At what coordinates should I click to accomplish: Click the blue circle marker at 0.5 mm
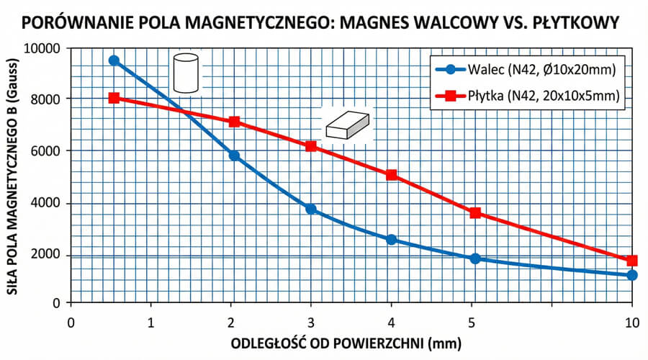click(x=114, y=60)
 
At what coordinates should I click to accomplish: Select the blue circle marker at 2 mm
click(x=234, y=156)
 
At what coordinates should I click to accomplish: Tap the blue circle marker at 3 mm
click(x=311, y=209)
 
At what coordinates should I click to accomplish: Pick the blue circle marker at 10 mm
click(x=632, y=275)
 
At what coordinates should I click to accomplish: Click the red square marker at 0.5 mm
click(x=114, y=98)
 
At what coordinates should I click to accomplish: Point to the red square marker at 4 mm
click(x=392, y=175)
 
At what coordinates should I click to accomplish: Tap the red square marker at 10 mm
click(x=632, y=261)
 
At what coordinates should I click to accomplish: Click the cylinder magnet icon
click(x=185, y=73)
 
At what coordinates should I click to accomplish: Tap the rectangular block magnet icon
click(x=346, y=125)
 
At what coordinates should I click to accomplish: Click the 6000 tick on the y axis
click(x=50, y=150)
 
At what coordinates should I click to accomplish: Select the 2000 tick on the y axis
click(x=50, y=255)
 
